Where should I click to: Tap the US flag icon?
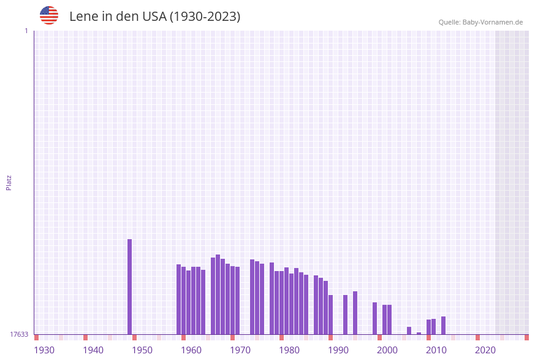click(49, 15)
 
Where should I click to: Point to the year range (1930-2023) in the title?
click(205, 17)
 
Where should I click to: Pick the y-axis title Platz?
click(9, 182)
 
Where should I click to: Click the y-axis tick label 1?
click(26, 31)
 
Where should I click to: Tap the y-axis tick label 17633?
click(19, 334)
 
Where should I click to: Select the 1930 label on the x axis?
click(44, 350)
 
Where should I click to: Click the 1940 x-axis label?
click(93, 350)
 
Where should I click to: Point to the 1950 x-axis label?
click(142, 350)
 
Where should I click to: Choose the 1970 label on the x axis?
click(240, 350)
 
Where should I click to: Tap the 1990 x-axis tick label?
click(338, 350)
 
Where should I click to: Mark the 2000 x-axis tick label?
click(387, 350)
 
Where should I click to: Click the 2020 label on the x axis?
click(485, 350)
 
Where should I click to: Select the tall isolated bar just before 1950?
click(129, 286)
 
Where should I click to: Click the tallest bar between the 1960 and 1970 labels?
click(218, 294)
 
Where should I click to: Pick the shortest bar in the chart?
click(419, 333)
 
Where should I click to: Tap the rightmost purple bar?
click(443, 325)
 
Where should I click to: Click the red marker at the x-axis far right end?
click(526, 337)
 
